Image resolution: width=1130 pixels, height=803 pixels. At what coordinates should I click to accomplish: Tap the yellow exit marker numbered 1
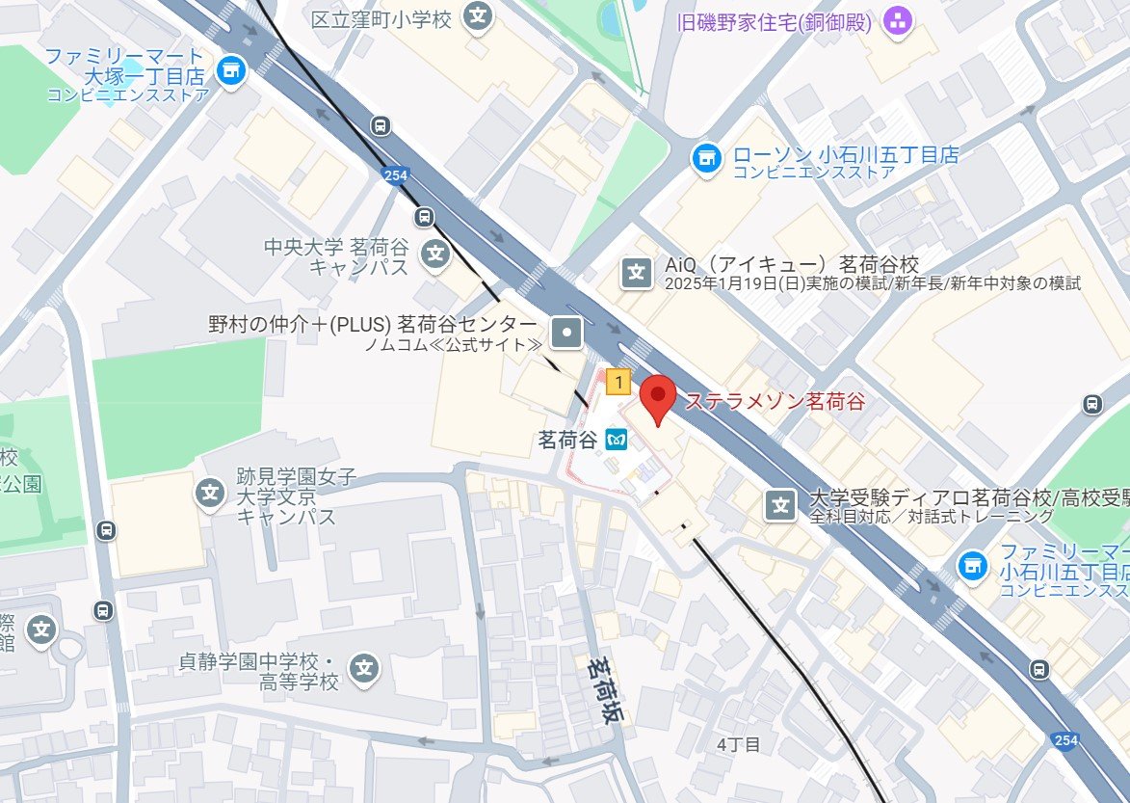point(618,383)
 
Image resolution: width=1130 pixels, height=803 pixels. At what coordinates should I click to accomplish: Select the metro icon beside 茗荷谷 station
point(617,441)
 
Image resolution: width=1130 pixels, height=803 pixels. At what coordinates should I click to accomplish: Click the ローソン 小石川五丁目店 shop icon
point(708,156)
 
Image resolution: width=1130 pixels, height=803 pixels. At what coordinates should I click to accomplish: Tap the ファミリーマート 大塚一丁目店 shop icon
point(231,69)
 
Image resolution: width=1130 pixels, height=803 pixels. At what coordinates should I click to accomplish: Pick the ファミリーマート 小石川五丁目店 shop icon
point(974,564)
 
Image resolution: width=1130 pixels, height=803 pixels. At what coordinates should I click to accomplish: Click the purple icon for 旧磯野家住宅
point(898,20)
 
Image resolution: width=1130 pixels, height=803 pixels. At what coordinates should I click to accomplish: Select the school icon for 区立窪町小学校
point(477,16)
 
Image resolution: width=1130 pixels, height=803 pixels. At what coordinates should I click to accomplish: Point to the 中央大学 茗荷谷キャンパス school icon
point(437,254)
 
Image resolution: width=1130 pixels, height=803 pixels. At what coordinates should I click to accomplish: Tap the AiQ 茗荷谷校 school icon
point(637,273)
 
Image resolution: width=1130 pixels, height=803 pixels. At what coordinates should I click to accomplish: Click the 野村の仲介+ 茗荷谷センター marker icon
point(566,334)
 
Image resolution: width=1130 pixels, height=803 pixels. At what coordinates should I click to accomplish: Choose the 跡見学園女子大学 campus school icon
point(210,493)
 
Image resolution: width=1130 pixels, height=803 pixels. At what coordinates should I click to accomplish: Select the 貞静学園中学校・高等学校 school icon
point(363,667)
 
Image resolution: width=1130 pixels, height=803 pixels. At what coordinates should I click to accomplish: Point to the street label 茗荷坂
point(605,690)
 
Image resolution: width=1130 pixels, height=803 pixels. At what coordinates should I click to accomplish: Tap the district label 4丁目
point(740,744)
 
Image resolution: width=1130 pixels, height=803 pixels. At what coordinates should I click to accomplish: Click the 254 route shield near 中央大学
point(394,175)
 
